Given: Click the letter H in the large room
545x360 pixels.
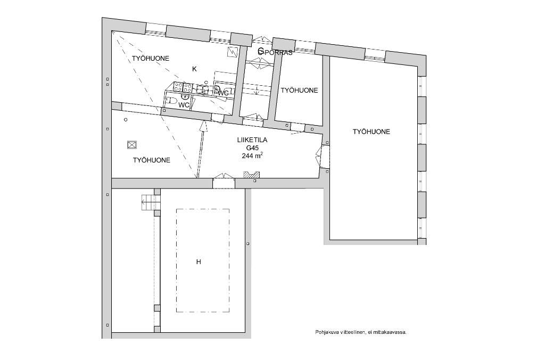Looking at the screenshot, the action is (x=199, y=262).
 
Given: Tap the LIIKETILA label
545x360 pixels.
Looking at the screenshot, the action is (x=252, y=140).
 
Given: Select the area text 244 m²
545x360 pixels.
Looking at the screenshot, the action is (x=252, y=156).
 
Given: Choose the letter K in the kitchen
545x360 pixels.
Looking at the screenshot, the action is (x=194, y=69).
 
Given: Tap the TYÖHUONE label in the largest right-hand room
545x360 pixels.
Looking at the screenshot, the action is (x=371, y=132).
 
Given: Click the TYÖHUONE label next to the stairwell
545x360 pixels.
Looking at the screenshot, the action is (x=299, y=91).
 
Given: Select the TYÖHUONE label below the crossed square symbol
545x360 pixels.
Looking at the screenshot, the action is (x=152, y=160).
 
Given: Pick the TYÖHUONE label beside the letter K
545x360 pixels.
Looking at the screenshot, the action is (x=151, y=59).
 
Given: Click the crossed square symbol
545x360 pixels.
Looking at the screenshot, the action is (x=132, y=145).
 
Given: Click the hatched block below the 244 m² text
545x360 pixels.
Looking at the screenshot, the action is (x=252, y=175).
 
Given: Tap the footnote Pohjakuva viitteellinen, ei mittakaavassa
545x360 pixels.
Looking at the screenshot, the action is (x=361, y=332).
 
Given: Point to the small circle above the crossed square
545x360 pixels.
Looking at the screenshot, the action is (x=126, y=120).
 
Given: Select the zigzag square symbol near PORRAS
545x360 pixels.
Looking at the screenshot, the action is (x=232, y=52).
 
